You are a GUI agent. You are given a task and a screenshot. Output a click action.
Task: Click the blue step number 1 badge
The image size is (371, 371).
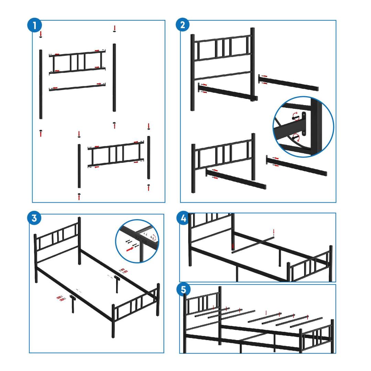35,25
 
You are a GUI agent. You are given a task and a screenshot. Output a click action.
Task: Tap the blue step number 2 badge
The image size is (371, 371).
183,25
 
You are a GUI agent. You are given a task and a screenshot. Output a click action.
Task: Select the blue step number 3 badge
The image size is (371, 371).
34,218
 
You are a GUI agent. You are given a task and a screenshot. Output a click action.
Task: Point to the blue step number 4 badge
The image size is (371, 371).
183,218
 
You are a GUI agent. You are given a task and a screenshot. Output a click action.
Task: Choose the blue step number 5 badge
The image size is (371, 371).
183,290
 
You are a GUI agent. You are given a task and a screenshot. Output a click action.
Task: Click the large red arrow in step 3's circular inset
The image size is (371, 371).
130,249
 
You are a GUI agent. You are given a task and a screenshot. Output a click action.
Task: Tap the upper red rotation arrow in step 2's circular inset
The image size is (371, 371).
295,115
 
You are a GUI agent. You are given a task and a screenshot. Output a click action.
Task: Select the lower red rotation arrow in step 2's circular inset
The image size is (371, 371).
296,137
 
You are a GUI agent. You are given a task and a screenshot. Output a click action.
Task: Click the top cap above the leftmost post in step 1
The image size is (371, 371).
41,37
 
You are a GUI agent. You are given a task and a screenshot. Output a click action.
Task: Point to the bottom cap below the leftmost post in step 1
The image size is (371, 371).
41,131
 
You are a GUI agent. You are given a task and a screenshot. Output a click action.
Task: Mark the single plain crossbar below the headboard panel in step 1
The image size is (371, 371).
77,87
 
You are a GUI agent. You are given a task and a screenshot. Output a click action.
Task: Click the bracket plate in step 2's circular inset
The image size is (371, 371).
304,124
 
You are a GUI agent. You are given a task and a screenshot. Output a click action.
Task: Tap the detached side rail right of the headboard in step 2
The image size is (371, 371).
288,82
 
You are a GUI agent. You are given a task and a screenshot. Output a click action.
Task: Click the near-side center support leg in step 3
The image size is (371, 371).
72,304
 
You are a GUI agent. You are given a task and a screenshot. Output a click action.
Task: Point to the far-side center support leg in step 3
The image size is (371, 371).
117,284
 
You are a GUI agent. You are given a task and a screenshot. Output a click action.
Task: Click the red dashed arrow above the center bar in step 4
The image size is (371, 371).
274,233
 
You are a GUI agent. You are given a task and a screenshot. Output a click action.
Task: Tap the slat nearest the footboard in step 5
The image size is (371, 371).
306,322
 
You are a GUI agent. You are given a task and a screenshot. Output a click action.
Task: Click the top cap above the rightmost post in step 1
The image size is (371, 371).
149,129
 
